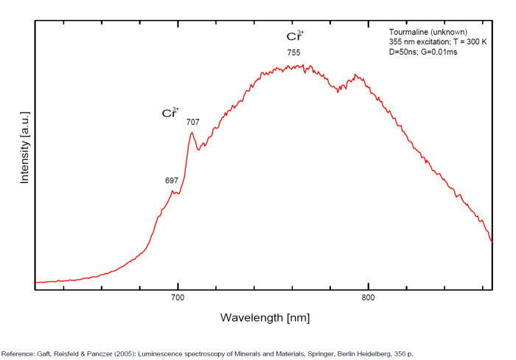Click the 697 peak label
click(x=172, y=181)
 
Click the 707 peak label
click(x=192, y=122)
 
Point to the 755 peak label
click(x=293, y=52)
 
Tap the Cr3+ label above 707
click(x=170, y=113)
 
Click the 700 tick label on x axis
click(x=177, y=298)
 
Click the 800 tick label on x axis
click(x=368, y=298)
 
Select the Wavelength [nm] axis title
click(x=265, y=317)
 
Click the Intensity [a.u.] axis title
click(x=24, y=148)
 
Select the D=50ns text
click(x=405, y=52)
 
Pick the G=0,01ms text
click(x=441, y=52)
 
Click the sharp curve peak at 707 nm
click(x=192, y=134)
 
